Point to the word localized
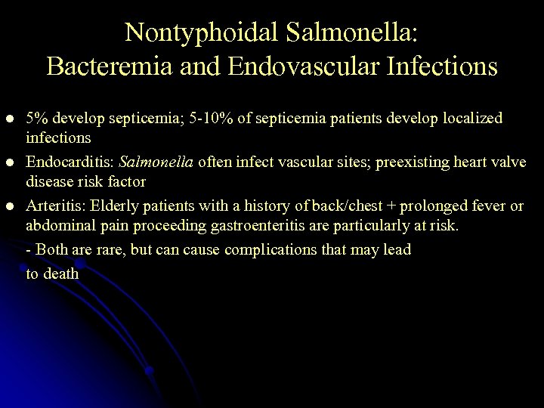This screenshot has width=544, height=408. [472, 119]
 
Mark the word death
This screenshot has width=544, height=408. [61, 274]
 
